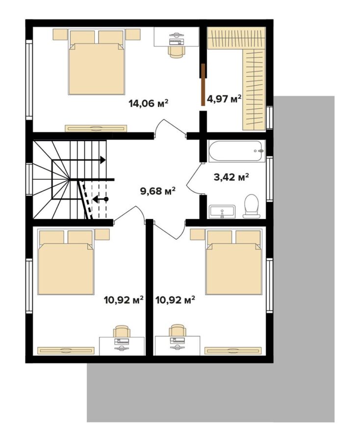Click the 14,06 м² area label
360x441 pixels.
coord(148,103)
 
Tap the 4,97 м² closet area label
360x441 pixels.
coord(224,98)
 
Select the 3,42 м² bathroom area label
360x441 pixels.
coord(231,177)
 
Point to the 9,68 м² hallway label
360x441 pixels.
coord(157,191)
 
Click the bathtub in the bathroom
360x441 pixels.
coord(237,151)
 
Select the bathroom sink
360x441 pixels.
coord(222,212)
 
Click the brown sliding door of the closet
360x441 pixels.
coord(203,84)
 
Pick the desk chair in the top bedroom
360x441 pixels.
coord(177,52)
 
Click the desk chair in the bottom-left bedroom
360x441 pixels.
coord(122,331)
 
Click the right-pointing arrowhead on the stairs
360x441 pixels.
coord(103,160)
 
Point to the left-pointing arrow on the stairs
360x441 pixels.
coord(101,199)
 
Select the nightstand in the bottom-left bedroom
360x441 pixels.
coord(102,234)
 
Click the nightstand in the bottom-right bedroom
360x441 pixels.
coord(197,234)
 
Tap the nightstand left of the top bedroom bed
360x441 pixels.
coord(60,35)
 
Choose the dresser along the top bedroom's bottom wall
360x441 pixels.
coord(96,128)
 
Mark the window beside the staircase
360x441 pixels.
coord(29,179)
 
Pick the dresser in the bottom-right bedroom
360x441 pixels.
coord(232,351)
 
